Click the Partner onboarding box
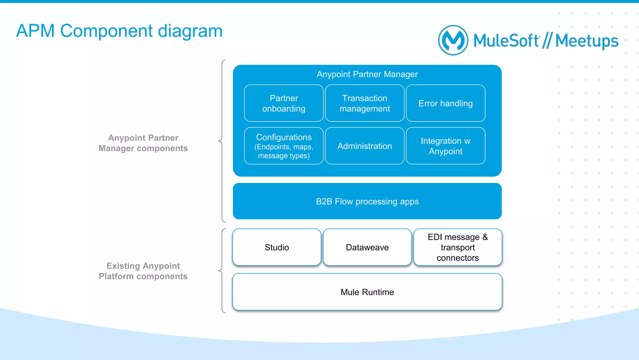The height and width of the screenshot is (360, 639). point(284,103)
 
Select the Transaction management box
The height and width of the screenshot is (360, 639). point(364,103)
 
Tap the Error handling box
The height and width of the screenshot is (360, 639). point(445,103)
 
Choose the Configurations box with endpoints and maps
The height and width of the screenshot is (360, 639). point(284,146)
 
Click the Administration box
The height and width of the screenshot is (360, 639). point(364,146)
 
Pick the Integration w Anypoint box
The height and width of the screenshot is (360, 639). point(445,146)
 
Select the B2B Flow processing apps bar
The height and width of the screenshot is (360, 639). point(367,201)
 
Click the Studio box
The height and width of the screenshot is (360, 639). point(276,247)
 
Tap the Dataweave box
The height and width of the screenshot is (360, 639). point(367,247)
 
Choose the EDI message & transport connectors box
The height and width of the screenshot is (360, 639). point(457,247)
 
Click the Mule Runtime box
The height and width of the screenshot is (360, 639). point(367,292)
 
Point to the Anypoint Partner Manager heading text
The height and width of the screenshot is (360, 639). point(367,74)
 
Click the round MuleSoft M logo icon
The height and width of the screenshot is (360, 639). point(453,40)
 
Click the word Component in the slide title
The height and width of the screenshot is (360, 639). point(106,31)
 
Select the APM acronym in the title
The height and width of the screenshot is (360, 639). point(35,31)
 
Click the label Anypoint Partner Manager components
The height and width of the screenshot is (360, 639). point(143,143)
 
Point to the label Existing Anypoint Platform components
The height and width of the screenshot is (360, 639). point(143,271)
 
